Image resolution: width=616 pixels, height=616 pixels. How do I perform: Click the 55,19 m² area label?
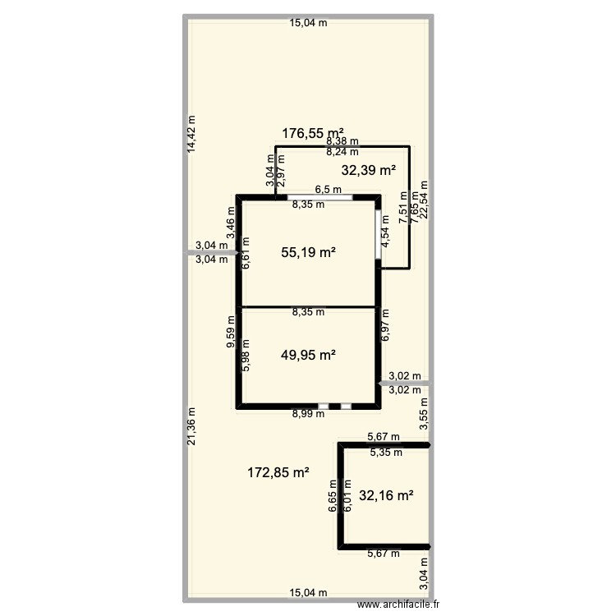point(308,254)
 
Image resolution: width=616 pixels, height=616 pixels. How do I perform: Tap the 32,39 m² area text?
point(368,171)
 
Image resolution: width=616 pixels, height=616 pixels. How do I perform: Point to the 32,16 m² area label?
point(386,495)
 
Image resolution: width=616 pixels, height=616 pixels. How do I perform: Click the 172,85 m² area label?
point(278,472)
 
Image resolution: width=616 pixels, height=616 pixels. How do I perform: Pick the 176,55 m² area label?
point(312,132)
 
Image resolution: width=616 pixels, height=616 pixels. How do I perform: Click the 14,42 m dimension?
point(191,133)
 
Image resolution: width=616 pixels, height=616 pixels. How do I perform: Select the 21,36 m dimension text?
point(191,427)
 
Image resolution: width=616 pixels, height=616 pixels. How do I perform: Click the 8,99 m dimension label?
point(308,415)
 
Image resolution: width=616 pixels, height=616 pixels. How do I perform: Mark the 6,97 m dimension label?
point(386,326)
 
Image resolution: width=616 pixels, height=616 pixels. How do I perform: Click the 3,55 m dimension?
point(424,414)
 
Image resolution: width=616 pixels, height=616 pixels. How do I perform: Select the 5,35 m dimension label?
point(385,452)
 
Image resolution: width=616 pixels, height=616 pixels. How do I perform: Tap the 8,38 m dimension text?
point(342,142)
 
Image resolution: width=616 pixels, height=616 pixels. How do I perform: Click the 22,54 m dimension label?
point(424,201)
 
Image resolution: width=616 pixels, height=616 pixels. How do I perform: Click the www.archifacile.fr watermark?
point(398,605)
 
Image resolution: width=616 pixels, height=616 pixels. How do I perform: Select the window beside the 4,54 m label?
point(379,237)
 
